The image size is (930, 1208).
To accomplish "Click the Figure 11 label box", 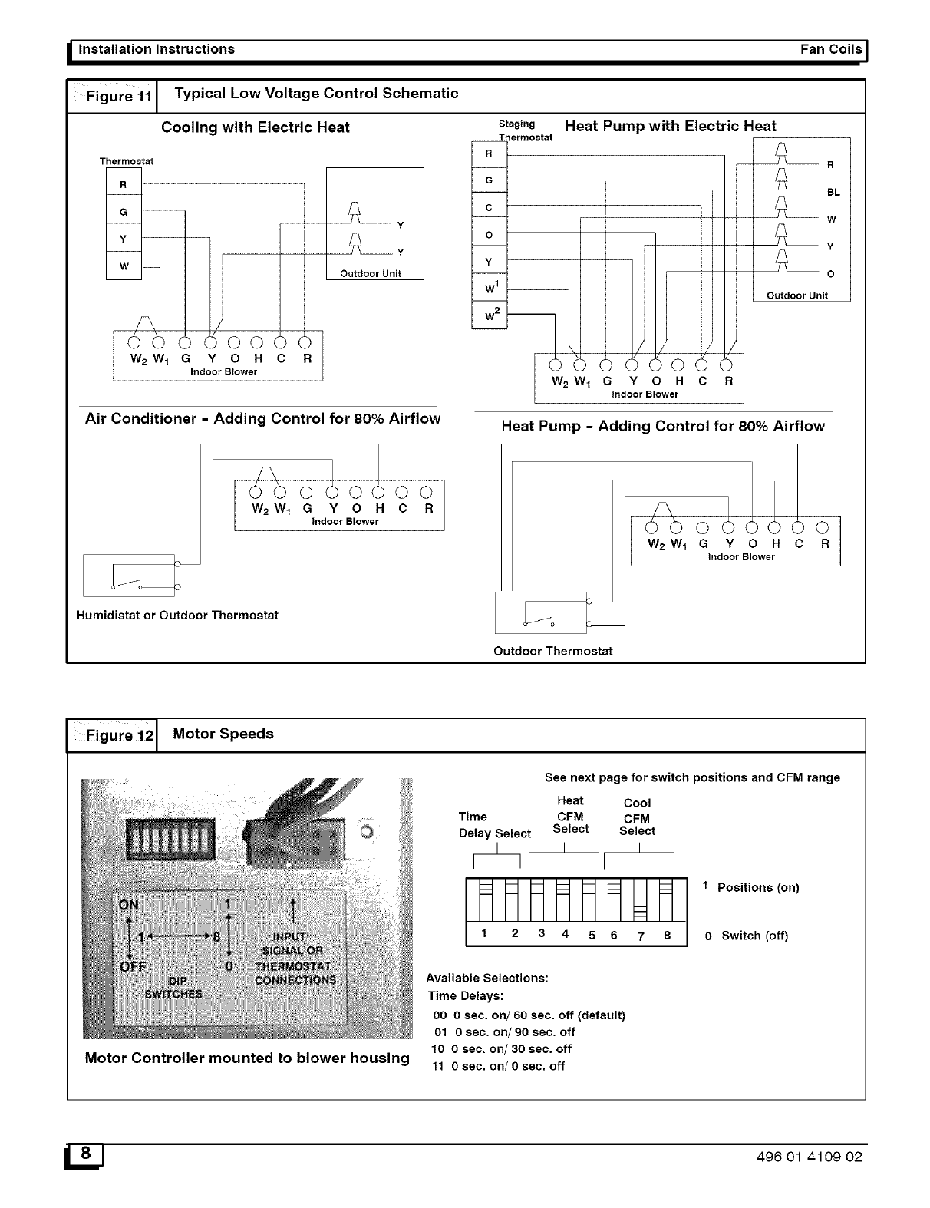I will pos(112,97).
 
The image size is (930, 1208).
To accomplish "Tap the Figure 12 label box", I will pos(112,736).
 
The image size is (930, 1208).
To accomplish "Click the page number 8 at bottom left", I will pos(87,1154).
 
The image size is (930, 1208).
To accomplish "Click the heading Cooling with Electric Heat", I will pos(255,127).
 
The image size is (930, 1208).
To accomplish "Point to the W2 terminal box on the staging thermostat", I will pos(489,315).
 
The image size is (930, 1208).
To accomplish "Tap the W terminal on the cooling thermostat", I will pos(124,266).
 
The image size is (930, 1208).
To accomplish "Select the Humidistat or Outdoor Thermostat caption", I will pos(177,616).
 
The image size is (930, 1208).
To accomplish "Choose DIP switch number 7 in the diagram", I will pos(639,899).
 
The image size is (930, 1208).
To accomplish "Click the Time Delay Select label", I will pos(494,825).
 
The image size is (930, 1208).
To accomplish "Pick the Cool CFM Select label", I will pos(637,817).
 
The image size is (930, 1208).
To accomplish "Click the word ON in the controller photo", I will pos(129,904).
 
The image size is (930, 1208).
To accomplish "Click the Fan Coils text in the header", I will pos(830,49).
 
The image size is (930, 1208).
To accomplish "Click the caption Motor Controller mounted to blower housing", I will pos(247,1058).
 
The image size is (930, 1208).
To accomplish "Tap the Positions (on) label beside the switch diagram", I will pos(757,888).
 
